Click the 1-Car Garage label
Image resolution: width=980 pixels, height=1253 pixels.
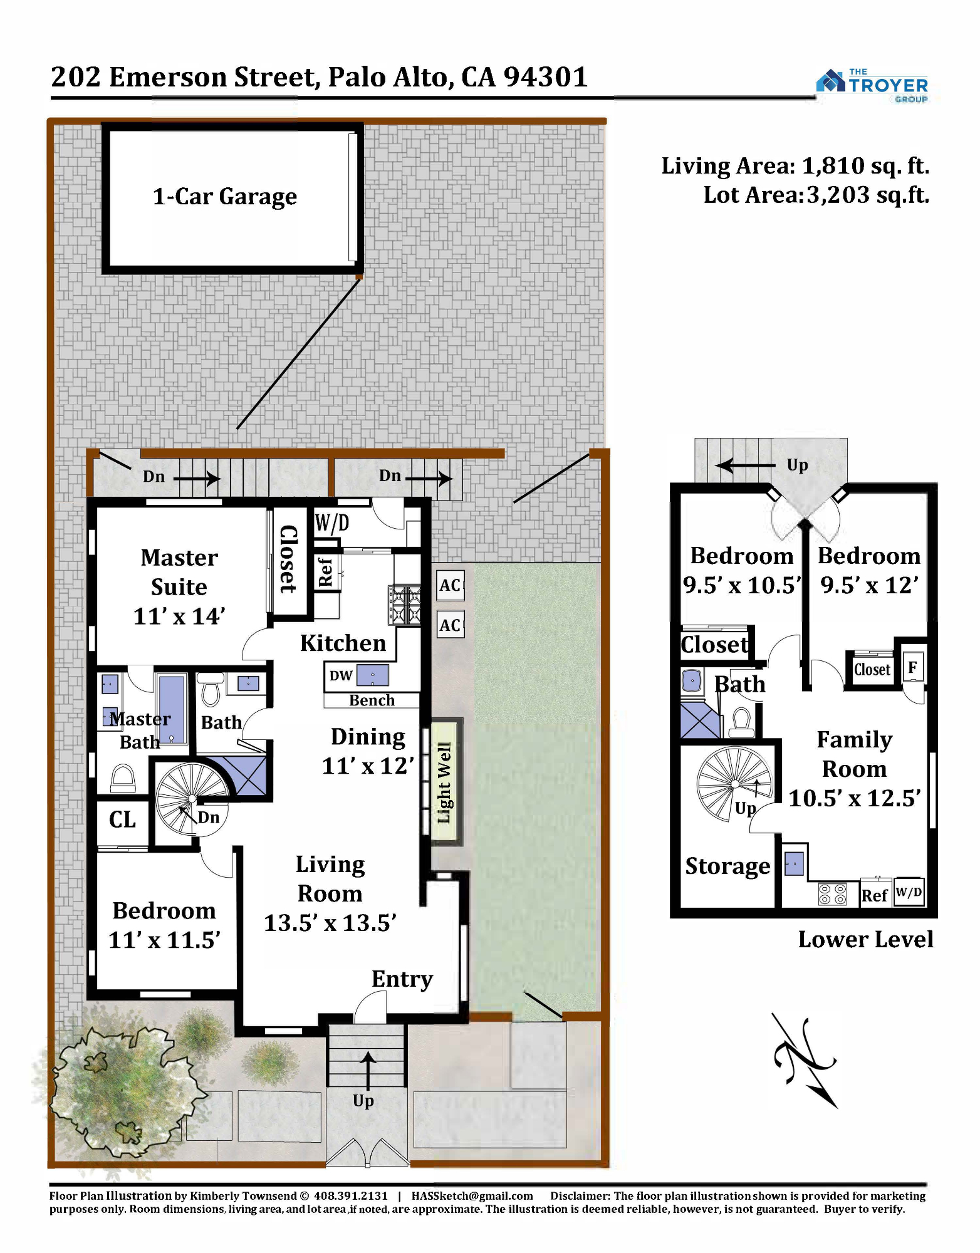[225, 197]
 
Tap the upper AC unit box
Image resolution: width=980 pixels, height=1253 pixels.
[451, 585]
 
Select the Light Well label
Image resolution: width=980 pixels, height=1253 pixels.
[444, 782]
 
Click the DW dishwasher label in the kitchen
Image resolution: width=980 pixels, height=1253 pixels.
[341, 675]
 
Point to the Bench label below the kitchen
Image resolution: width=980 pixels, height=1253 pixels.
[372, 700]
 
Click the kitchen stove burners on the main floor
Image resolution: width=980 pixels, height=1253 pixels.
[404, 605]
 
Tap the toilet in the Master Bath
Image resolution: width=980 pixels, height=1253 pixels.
[123, 779]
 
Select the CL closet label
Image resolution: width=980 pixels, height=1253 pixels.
[122, 819]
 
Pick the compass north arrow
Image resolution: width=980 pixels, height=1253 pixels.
[805, 1060]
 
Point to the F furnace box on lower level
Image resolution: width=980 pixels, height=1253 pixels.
[912, 667]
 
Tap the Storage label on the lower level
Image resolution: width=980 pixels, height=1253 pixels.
[727, 866]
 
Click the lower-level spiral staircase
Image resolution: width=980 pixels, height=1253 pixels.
[734, 783]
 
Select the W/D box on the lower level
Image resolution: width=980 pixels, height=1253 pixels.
[909, 892]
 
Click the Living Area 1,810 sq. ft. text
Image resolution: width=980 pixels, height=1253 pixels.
[795, 166]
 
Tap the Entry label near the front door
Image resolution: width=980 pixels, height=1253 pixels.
[402, 979]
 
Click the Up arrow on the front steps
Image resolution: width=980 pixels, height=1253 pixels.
[367, 1071]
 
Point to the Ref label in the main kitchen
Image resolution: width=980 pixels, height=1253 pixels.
[325, 572]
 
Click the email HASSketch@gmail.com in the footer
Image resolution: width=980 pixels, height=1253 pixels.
[472, 1196]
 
